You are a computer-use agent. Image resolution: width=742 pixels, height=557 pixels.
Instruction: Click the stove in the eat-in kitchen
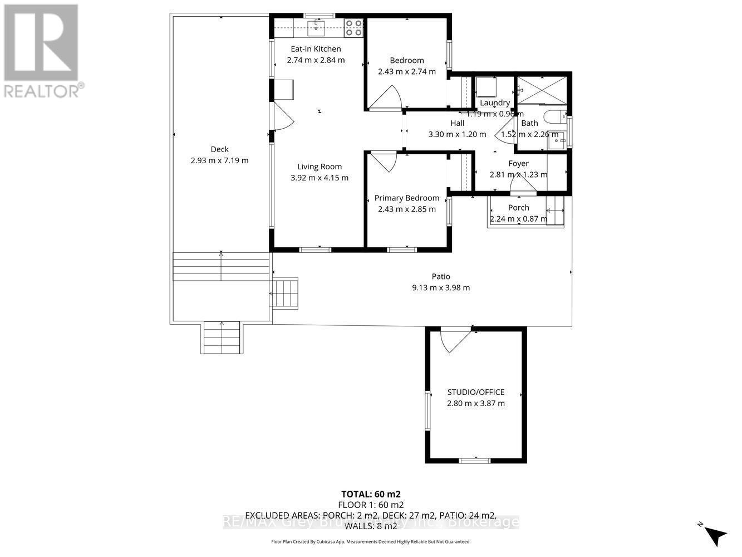[353, 27]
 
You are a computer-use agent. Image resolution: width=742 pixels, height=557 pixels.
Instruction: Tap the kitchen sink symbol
[317, 26]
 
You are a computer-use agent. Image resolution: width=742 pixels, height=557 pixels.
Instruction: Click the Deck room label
[219, 149]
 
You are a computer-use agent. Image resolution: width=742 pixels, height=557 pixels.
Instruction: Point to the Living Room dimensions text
[320, 178]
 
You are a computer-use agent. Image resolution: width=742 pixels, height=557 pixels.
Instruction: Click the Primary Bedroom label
[407, 198]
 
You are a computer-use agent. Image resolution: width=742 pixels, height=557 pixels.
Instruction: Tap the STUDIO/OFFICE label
[476, 392]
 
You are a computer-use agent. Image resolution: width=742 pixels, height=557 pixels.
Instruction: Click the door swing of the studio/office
[454, 340]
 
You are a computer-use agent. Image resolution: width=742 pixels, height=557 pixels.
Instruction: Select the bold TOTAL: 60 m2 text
[371, 494]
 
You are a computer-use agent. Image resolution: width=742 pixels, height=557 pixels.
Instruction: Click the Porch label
[519, 208]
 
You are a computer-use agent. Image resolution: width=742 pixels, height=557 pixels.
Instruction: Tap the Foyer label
[518, 164]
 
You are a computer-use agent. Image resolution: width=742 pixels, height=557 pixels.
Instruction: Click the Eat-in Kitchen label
[316, 49]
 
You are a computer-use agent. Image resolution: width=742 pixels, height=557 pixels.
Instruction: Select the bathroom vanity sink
[556, 140]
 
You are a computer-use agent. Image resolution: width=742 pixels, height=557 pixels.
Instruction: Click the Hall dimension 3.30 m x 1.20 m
[457, 134]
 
